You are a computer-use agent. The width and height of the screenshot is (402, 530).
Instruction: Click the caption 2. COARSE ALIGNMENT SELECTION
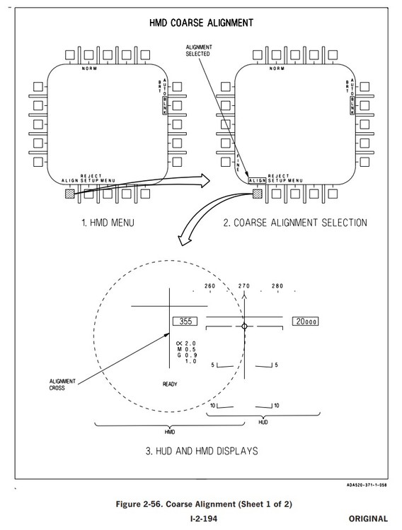pos(295,223)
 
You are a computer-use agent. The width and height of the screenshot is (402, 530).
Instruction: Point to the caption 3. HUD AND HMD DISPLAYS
pos(200,450)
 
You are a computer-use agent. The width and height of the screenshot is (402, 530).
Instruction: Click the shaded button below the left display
pos(69,194)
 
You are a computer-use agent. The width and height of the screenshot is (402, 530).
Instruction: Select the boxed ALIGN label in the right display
pos(257,181)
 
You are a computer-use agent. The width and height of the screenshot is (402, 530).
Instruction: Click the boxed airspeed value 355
pos(185,321)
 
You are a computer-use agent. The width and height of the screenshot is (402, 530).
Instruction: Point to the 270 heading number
pos(243,286)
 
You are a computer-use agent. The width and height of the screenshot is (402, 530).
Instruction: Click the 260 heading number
pos(209,286)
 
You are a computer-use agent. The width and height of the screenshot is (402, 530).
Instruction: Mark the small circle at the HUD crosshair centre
pos(244,326)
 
